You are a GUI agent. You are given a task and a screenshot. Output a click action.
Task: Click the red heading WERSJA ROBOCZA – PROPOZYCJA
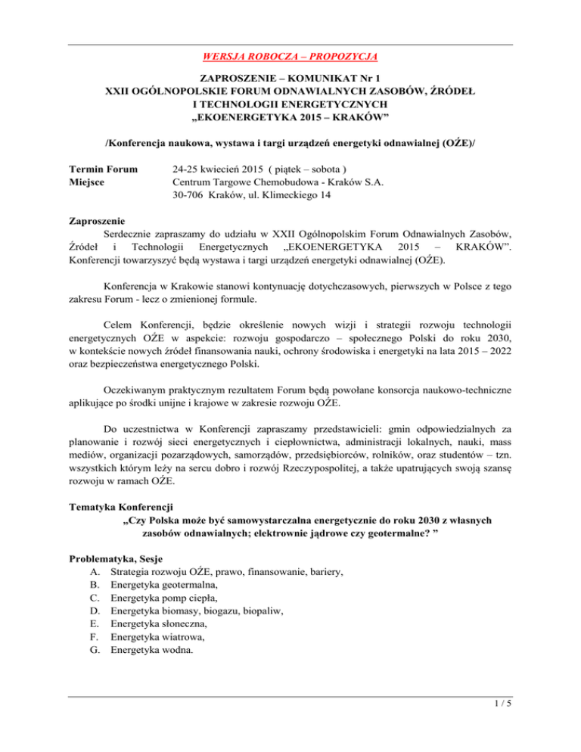click(x=290, y=57)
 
